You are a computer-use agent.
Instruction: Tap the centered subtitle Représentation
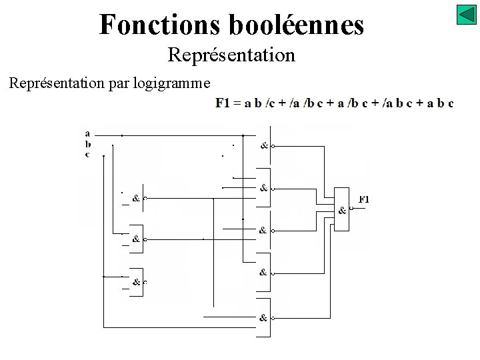coord(231,55)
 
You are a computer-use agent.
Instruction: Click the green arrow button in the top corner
coord(466,15)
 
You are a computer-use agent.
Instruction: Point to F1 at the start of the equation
coord(223,103)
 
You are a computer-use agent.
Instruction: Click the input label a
coord(87,133)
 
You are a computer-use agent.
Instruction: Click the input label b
coord(87,143)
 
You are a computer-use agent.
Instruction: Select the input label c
coord(87,153)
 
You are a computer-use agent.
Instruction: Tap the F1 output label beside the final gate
coord(364,199)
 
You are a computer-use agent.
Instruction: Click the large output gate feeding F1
coord(342,209)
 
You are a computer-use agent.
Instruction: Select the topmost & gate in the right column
coord(265,145)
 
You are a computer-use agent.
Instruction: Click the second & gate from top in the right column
coord(265,187)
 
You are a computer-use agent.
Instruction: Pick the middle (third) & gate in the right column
coord(265,229)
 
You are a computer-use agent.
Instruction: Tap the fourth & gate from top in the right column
coord(265,271)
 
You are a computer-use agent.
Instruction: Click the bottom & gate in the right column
coord(265,317)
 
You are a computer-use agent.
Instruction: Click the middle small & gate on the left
coord(137,238)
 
